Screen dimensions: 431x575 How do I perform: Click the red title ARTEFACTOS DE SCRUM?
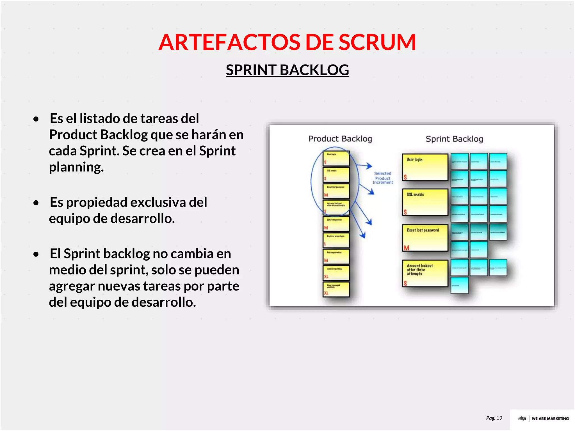287,42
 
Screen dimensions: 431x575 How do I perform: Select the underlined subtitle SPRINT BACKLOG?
287,70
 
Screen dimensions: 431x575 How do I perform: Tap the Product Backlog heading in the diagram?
340,139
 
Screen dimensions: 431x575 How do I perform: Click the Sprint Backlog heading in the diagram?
454,139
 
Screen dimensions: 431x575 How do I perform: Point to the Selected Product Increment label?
382,178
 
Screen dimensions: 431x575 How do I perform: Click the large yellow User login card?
425,167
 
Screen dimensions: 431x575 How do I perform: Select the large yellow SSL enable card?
425,202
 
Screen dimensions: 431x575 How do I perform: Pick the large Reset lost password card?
425,238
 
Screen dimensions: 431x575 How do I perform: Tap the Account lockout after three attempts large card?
425,273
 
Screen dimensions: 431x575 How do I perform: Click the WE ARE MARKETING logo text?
550,419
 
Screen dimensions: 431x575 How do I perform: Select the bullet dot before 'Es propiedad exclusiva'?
36,203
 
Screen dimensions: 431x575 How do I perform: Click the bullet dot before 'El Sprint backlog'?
36,254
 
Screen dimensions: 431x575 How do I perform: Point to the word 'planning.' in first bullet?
76,167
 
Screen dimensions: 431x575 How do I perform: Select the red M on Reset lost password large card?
406,248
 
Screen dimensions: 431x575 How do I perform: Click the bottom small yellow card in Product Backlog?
336,289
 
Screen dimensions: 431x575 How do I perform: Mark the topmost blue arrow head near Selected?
369,166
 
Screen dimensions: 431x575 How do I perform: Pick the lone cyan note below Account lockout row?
459,285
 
